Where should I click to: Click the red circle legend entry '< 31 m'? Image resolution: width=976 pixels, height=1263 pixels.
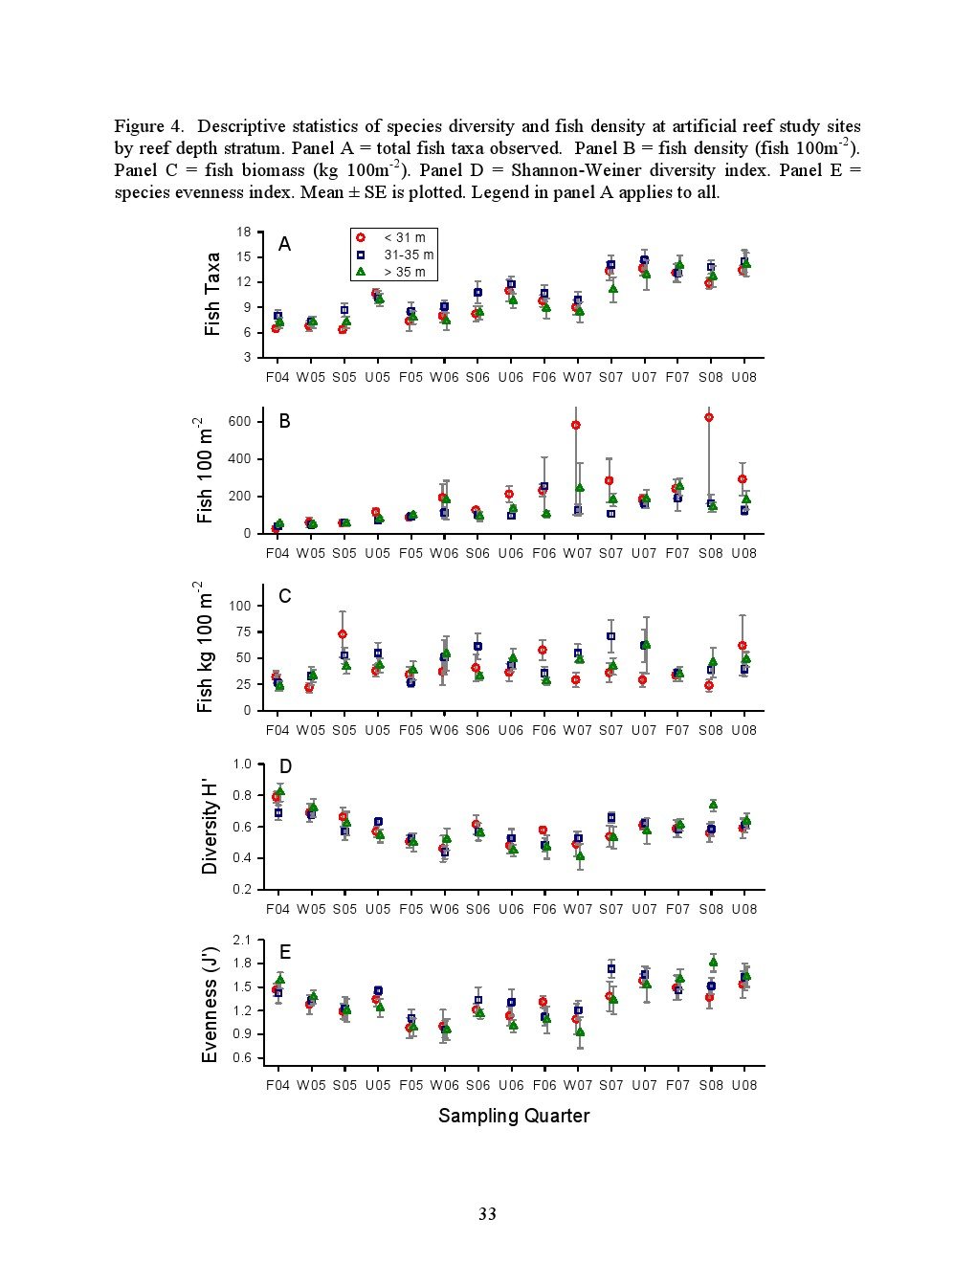[361, 237]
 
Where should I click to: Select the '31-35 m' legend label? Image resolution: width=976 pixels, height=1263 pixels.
[409, 255]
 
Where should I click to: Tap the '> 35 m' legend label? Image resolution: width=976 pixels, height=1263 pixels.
[405, 272]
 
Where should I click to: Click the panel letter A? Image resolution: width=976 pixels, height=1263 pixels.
[284, 244]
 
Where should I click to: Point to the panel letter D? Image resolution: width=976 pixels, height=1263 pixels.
[285, 766]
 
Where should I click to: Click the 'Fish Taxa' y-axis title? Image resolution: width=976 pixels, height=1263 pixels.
[212, 294]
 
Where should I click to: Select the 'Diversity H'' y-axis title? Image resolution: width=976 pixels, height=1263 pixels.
[210, 827]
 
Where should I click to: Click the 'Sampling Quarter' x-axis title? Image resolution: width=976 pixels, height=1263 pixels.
[514, 1116]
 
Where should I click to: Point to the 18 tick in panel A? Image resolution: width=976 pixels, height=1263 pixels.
[244, 233]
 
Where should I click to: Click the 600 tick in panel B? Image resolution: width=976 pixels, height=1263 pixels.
[239, 421]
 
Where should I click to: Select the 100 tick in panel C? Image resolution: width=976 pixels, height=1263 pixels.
[239, 606]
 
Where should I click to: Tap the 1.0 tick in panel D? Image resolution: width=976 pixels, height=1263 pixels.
[242, 764]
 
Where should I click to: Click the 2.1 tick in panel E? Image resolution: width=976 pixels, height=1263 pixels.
[242, 941]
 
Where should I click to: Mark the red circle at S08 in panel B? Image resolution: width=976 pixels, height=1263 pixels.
[709, 417]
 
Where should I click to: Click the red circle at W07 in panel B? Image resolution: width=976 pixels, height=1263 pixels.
[576, 426]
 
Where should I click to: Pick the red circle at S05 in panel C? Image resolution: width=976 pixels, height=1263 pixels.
[343, 634]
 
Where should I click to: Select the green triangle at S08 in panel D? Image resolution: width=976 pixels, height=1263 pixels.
[713, 805]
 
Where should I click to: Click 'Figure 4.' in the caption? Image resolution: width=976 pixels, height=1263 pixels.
[149, 126]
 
